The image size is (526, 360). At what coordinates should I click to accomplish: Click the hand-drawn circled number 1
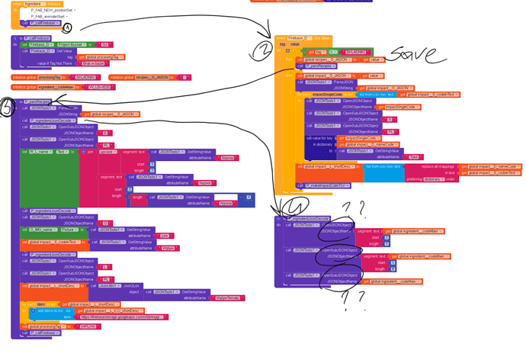[67, 28]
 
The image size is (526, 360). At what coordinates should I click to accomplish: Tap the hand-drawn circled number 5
[8, 107]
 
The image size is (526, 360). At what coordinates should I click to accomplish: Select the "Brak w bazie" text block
[93, 63]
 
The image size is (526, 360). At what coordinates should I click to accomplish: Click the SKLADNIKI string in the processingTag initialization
[85, 77]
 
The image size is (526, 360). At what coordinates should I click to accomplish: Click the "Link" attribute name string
[165, 236]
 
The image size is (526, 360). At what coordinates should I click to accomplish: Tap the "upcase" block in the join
[107, 152]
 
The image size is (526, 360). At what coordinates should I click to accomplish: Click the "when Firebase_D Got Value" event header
[293, 37]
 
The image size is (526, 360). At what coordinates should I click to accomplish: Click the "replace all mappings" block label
[446, 166]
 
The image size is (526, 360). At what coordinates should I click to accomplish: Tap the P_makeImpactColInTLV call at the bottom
[313, 185]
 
